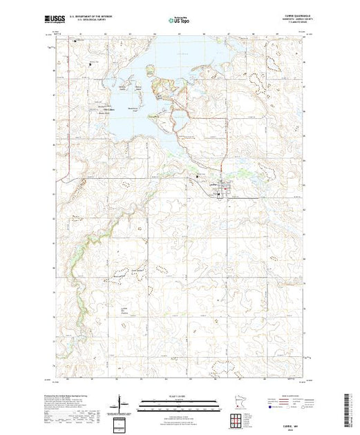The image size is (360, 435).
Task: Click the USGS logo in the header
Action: [x=55, y=21]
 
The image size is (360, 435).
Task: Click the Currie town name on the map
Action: [x=214, y=184]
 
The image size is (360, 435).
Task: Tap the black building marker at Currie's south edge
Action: [x=220, y=195]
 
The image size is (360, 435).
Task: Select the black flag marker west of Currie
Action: [x=199, y=176]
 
